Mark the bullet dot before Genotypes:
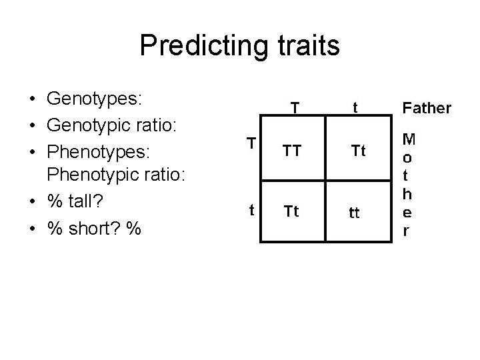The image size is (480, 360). (x=32, y=100)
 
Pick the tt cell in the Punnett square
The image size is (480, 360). (x=354, y=214)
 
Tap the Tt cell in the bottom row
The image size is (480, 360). (x=291, y=212)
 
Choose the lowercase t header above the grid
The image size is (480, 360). (x=356, y=107)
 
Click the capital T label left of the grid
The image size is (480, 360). (x=251, y=143)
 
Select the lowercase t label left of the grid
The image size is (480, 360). (x=251, y=209)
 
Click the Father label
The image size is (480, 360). (x=426, y=108)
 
